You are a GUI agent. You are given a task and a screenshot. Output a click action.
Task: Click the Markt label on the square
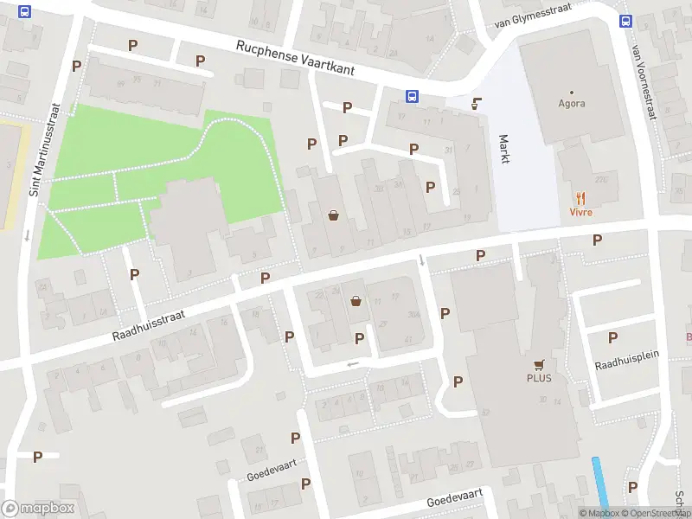[504, 148]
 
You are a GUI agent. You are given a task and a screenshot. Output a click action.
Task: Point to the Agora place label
[572, 103]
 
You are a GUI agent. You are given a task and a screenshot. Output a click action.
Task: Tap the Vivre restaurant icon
[580, 197]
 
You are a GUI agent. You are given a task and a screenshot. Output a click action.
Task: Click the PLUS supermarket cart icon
[539, 364]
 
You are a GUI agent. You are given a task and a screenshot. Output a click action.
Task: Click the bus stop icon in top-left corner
[24, 12]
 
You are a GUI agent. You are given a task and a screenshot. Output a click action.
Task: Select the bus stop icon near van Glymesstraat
[625, 22]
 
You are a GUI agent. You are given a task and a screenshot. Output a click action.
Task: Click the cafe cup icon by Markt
[475, 104]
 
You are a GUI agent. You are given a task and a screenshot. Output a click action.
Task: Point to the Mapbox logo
[38, 509]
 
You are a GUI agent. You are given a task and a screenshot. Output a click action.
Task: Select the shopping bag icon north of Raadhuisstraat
[333, 215]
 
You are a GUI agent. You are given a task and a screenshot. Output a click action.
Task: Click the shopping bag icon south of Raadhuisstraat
[356, 302]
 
